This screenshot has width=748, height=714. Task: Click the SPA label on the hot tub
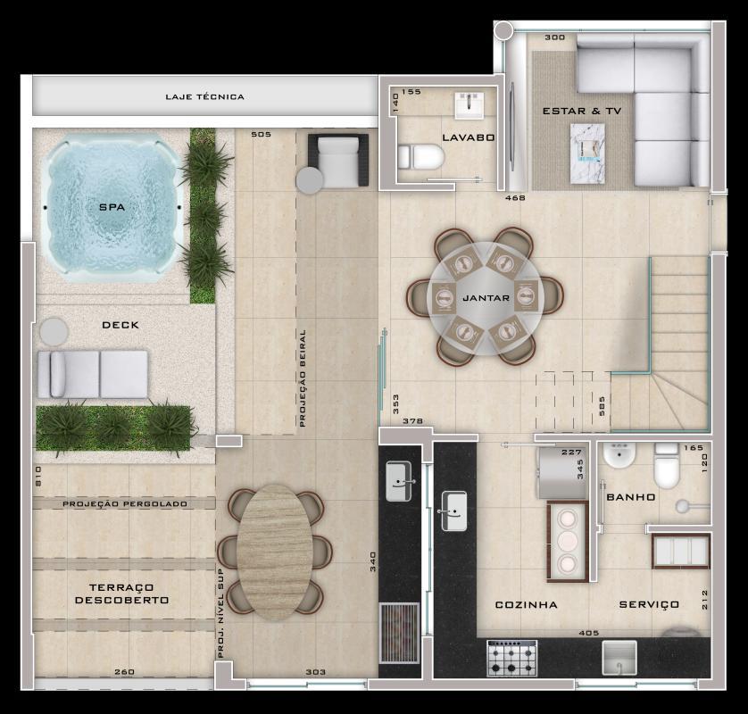[112, 207]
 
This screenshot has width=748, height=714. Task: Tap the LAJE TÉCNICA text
[204, 96]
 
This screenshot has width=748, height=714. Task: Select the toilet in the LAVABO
[421, 159]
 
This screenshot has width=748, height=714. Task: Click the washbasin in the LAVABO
[470, 105]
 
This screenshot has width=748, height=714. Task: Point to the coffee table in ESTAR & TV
[586, 153]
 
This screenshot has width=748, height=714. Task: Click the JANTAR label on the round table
[486, 295]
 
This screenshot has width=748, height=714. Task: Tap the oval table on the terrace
[275, 552]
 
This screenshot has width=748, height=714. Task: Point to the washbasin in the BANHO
[617, 457]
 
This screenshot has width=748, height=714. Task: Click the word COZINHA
[526, 604]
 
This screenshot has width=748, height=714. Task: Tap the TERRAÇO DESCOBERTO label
[122, 594]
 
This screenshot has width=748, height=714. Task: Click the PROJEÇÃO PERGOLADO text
[125, 504]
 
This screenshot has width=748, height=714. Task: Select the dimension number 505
[261, 135]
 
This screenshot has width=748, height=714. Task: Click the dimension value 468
[515, 197]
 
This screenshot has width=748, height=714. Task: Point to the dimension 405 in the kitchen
[588, 633]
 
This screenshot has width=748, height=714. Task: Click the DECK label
[121, 325]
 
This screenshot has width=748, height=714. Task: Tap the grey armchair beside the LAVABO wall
[337, 160]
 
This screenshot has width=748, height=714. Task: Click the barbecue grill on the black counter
[398, 632]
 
